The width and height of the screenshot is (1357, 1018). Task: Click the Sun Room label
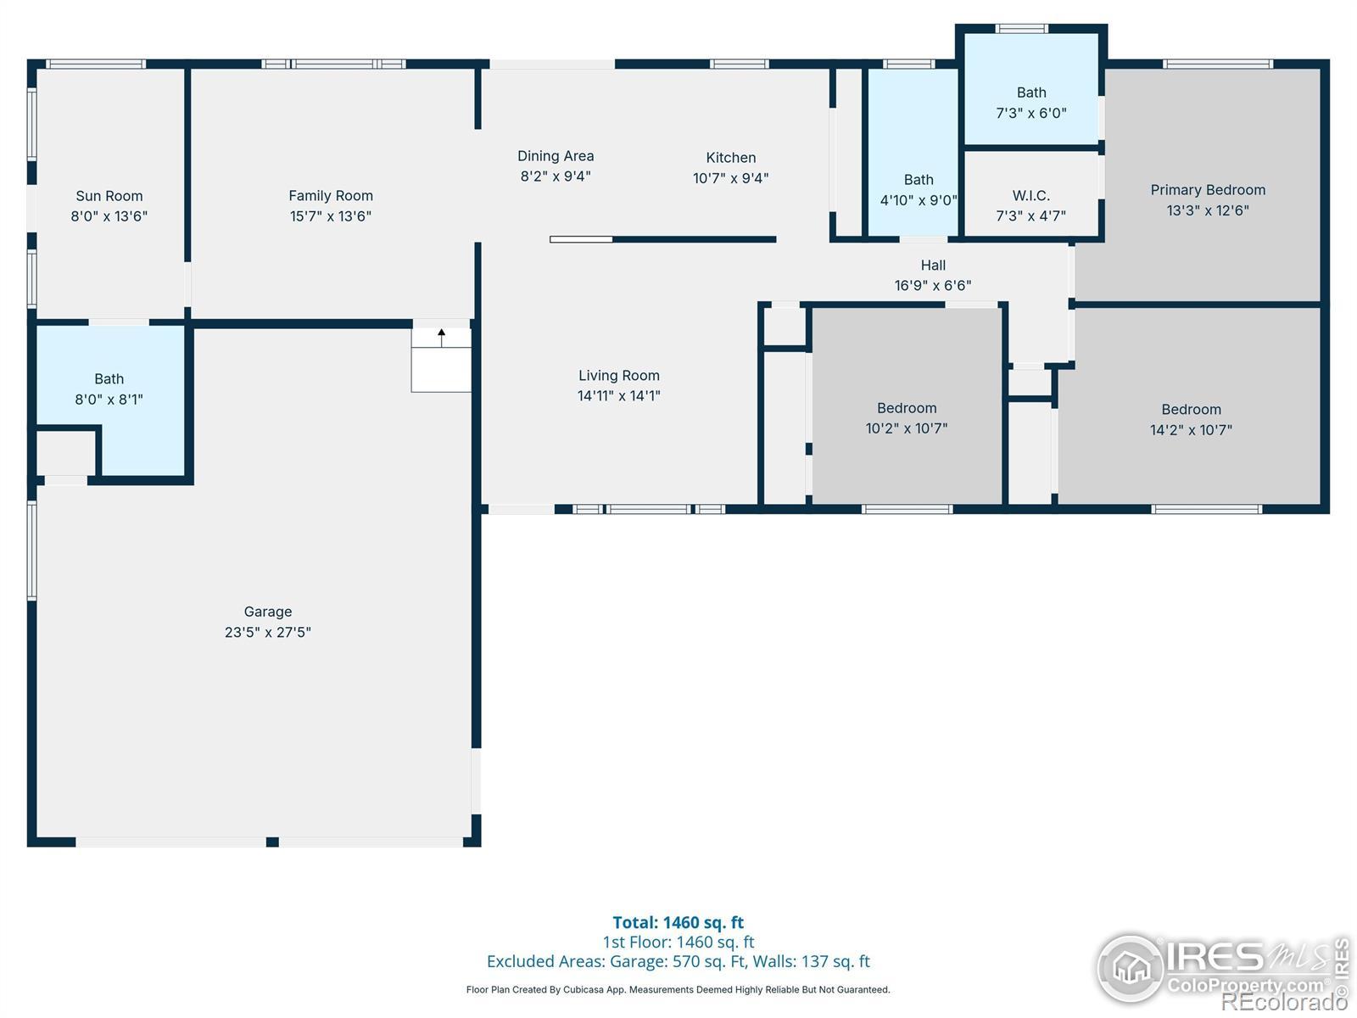pyautogui.click(x=109, y=196)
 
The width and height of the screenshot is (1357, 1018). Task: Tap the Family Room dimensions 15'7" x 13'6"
pyautogui.click(x=331, y=216)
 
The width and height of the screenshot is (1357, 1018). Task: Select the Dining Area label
pyautogui.click(x=556, y=156)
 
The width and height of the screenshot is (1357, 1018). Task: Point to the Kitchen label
pyautogui.click(x=731, y=158)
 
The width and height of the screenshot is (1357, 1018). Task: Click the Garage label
pyautogui.click(x=268, y=612)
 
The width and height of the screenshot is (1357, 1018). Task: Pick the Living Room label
pyautogui.click(x=619, y=376)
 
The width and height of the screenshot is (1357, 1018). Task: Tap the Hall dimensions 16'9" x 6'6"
pyautogui.click(x=933, y=286)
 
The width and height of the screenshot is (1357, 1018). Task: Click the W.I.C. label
pyautogui.click(x=1031, y=196)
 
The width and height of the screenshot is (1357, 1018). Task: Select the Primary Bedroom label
pyautogui.click(x=1208, y=190)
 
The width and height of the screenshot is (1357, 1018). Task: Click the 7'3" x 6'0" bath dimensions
pyautogui.click(x=1031, y=113)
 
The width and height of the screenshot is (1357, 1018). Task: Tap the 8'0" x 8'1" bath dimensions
pyautogui.click(x=109, y=400)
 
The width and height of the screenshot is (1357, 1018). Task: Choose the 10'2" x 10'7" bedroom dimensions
pyautogui.click(x=907, y=428)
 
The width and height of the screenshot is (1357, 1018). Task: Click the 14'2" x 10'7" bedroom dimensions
pyautogui.click(x=1191, y=430)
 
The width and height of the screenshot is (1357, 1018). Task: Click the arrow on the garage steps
pyautogui.click(x=441, y=338)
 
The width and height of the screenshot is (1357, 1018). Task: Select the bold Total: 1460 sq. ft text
pyautogui.click(x=678, y=923)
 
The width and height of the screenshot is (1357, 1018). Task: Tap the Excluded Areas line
pyautogui.click(x=678, y=962)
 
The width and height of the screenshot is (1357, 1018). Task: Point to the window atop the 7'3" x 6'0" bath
pyautogui.click(x=1021, y=29)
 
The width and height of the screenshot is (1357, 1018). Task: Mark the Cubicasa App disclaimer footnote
pyautogui.click(x=678, y=989)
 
